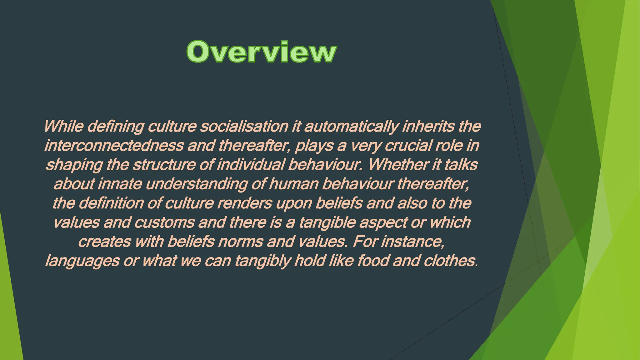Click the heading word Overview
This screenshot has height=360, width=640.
click(261, 52)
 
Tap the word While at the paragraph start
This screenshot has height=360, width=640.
click(63, 126)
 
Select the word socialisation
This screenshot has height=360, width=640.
click(244, 126)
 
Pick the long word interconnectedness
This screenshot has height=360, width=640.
click(114, 146)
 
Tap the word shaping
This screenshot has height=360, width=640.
click(74, 165)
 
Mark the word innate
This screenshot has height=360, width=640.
click(120, 184)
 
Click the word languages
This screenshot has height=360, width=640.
click(82, 261)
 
